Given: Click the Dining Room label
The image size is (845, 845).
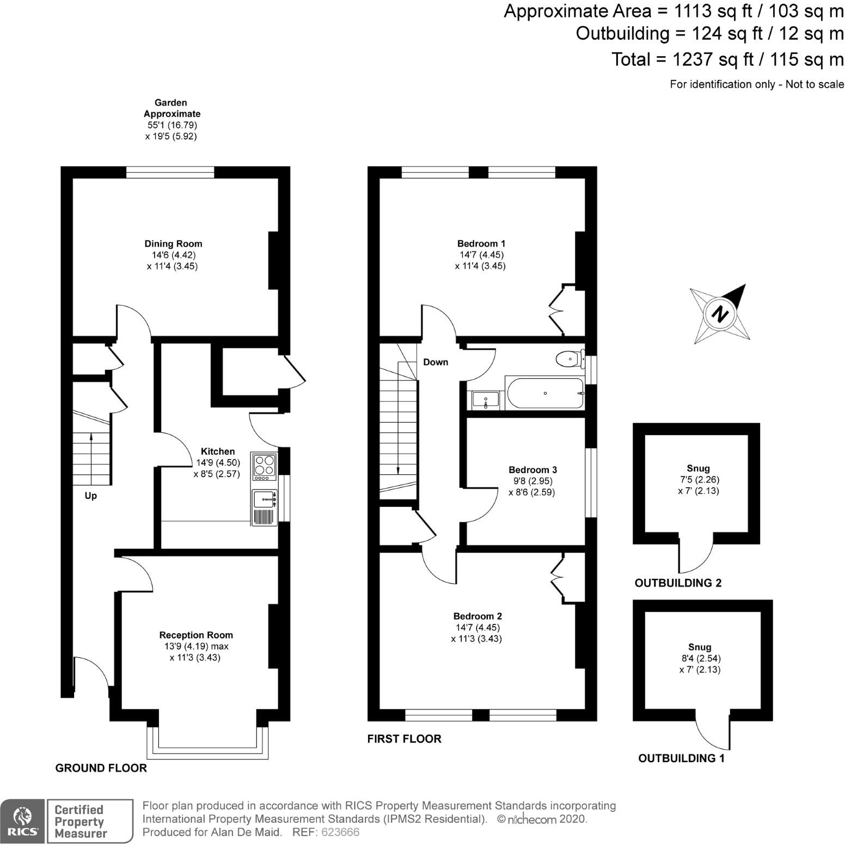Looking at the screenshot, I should [x=173, y=244].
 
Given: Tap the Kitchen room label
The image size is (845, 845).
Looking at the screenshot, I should [x=218, y=451].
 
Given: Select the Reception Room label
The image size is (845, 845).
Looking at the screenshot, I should [x=196, y=635].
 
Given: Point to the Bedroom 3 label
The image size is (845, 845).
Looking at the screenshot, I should [x=532, y=470].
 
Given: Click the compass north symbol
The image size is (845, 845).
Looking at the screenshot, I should [x=721, y=314].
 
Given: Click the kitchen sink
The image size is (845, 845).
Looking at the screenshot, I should [x=265, y=498].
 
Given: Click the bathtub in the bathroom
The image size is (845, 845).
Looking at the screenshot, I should [x=544, y=393].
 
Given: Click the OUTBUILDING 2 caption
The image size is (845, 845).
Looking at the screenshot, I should [x=678, y=583].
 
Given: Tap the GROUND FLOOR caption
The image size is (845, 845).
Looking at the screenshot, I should [x=101, y=768].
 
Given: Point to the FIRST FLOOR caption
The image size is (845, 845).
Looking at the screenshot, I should [x=404, y=739].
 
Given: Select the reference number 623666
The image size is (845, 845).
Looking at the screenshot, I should [x=341, y=832].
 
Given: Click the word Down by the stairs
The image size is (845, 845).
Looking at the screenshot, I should [x=436, y=362].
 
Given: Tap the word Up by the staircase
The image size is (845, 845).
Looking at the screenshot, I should [x=91, y=496].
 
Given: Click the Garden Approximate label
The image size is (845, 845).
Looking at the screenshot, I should [x=172, y=108].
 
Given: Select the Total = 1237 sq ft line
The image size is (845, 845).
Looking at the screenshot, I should [x=727, y=59].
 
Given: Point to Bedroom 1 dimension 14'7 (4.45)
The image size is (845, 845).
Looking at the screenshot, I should [x=481, y=255].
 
